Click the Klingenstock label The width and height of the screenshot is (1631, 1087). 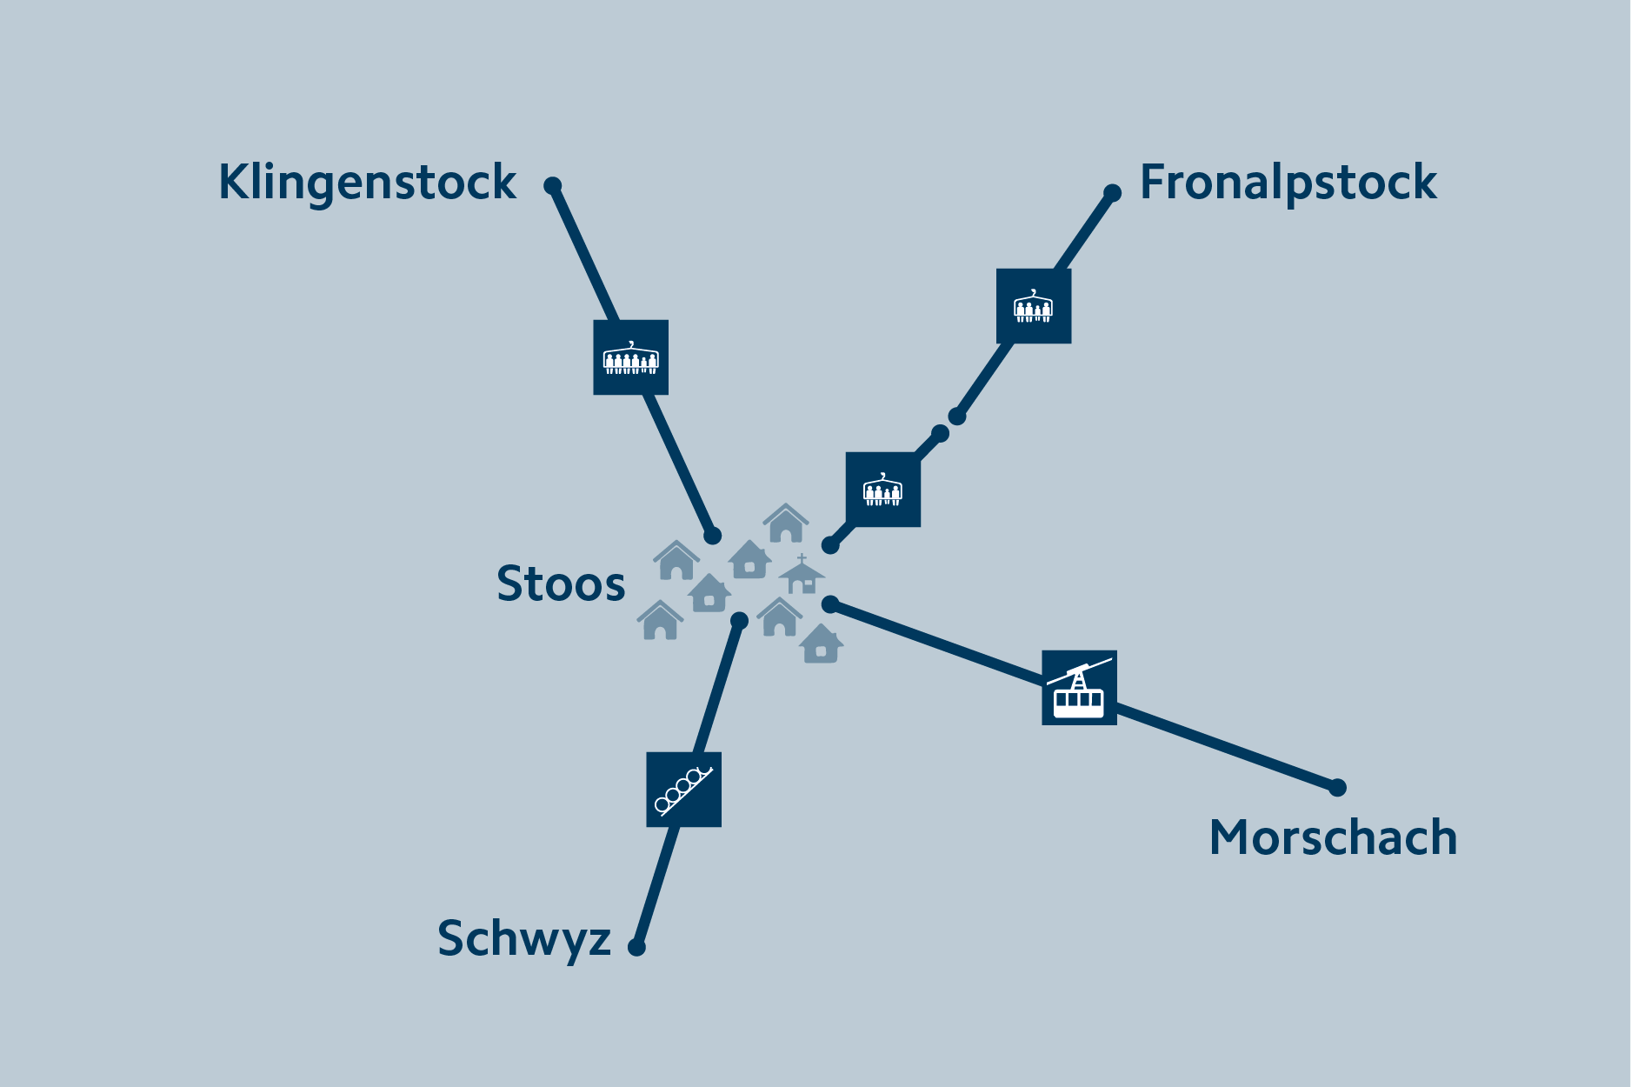tap(367, 183)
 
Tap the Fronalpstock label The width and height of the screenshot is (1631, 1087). tap(1288, 183)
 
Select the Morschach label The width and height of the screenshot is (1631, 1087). tap(1333, 837)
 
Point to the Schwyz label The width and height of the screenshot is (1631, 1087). tap(524, 939)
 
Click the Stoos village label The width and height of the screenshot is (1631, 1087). tap(561, 584)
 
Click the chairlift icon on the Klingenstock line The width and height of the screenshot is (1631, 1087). tap(631, 357)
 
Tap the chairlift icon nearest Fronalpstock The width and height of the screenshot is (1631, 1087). tap(1034, 306)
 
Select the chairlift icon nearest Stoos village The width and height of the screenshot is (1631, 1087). tap(883, 490)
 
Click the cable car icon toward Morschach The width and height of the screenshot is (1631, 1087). tap(1079, 688)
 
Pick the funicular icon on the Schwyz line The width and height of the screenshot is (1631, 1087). tap(684, 790)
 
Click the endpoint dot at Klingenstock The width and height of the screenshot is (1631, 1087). tap(553, 186)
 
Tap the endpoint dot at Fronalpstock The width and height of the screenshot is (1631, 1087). tap(1112, 193)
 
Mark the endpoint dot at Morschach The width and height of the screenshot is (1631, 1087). tap(1337, 788)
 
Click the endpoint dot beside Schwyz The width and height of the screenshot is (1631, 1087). tap(636, 947)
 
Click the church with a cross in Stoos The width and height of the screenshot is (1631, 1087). tap(802, 575)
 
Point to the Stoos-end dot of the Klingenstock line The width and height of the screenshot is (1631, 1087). tap(712, 536)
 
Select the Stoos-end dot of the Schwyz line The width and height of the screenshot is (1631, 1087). tap(739, 620)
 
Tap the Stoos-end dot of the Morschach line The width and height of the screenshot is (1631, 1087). tap(830, 604)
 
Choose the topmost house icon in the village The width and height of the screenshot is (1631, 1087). tap(786, 523)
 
